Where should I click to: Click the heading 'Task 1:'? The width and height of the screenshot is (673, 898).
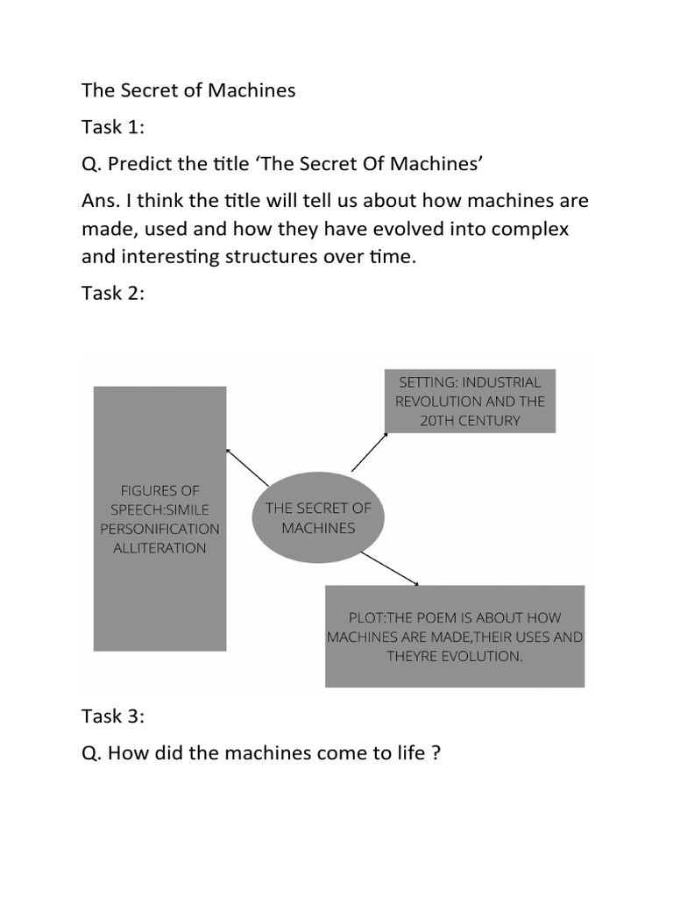tap(113, 128)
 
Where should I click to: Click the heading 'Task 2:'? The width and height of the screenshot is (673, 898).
tap(113, 294)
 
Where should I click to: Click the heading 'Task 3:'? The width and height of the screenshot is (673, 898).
tap(113, 716)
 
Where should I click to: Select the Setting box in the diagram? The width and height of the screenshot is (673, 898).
tap(470, 401)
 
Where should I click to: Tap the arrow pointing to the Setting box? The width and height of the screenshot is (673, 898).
tap(368, 452)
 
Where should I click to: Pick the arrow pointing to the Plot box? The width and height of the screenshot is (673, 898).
tap(391, 569)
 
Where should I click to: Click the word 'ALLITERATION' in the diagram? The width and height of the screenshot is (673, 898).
tap(159, 548)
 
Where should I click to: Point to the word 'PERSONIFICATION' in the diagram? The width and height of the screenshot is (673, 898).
tap(159, 529)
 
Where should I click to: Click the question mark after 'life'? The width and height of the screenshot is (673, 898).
tap(435, 752)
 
